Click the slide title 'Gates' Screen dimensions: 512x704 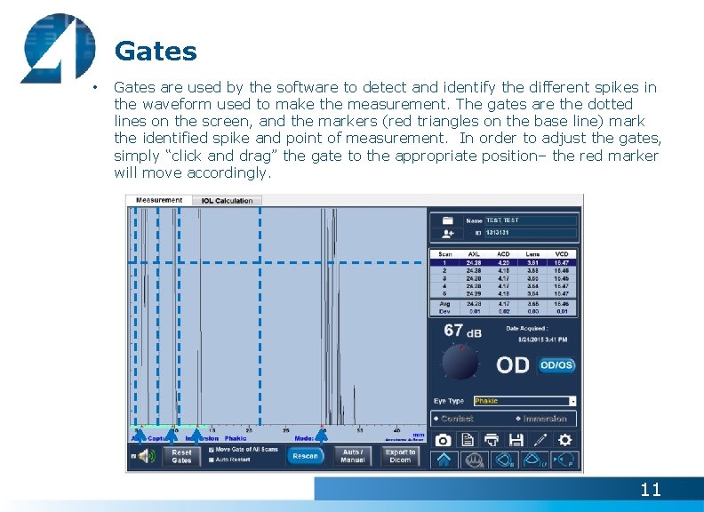[x=156, y=51]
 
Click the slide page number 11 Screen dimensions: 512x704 [x=651, y=489]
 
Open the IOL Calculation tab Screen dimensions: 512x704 [x=227, y=201]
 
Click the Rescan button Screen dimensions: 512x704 [x=305, y=456]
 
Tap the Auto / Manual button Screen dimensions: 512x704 [x=353, y=456]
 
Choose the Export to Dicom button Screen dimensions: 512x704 [x=400, y=456]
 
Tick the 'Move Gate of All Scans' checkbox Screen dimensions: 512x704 [x=211, y=450]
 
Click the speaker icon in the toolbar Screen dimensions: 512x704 [x=146, y=457]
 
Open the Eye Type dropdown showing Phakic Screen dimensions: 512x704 [x=524, y=401]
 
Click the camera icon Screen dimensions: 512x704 [x=443, y=440]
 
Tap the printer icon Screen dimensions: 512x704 [x=492, y=440]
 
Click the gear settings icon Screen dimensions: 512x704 [x=564, y=440]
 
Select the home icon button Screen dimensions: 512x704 [x=444, y=460]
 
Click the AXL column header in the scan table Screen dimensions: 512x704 [x=474, y=254]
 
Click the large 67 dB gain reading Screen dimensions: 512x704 [x=462, y=331]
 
